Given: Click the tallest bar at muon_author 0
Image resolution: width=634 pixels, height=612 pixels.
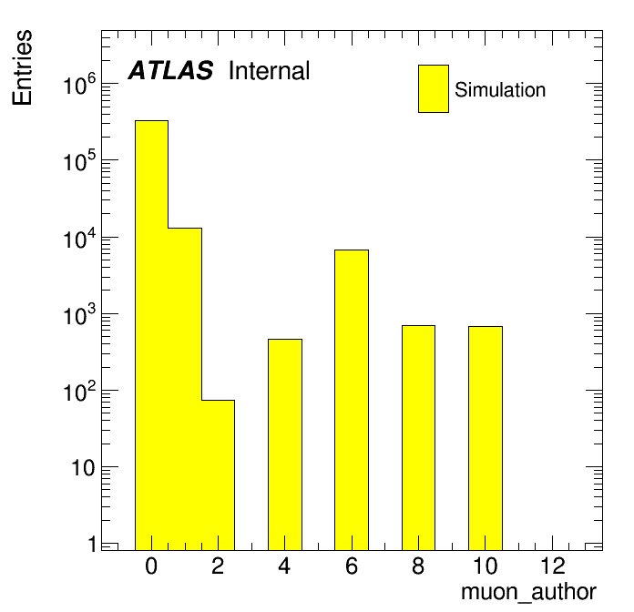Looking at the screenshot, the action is [151, 335].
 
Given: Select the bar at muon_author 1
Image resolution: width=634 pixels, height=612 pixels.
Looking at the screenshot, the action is [185, 389].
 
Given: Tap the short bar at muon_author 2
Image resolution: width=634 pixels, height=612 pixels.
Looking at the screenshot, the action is [218, 475].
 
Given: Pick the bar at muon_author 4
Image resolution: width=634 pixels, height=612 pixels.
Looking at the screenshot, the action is [285, 444].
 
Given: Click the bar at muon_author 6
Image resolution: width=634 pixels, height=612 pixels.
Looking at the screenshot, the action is [352, 400].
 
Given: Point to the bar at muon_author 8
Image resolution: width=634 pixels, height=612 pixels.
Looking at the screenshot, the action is [418, 438].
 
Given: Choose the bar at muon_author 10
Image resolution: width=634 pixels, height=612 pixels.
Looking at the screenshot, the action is [486, 438].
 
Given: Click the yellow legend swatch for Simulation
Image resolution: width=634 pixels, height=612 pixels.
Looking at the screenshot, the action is [434, 88].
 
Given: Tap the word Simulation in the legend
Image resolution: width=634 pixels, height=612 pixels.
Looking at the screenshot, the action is [500, 89].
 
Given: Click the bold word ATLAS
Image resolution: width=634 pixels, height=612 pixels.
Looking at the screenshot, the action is [170, 70].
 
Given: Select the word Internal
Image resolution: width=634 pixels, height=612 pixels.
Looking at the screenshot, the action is [270, 70].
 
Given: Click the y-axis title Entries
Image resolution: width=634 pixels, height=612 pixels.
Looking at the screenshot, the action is [22, 67].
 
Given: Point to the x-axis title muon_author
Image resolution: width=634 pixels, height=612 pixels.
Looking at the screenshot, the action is [528, 592].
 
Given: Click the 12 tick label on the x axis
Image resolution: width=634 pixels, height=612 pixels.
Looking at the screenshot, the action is [552, 566].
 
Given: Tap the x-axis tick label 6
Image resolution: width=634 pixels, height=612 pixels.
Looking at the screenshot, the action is [352, 566].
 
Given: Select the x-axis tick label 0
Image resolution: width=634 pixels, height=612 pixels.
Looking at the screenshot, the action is [151, 566].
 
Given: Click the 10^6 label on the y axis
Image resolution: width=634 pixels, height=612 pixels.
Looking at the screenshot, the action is [79, 84].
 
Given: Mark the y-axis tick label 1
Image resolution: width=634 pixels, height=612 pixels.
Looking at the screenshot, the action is [92, 544].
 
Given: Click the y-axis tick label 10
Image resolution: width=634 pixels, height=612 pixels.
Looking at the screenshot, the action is [83, 468].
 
